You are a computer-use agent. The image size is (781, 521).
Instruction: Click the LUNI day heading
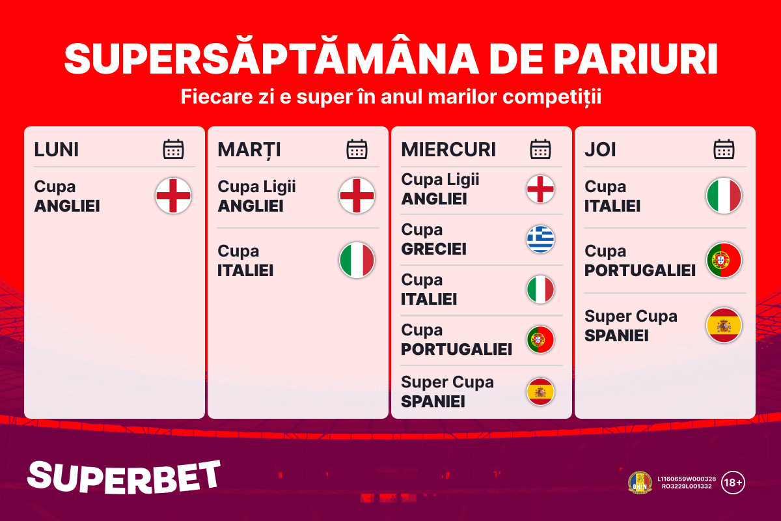56,149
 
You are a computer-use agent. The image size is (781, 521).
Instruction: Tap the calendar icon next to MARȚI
357,149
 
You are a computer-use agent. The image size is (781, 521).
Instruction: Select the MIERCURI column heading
448,149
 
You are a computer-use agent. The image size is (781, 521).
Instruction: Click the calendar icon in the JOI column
724,149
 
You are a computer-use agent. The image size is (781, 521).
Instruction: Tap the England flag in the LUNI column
173,195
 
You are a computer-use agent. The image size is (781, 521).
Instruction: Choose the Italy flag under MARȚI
357,260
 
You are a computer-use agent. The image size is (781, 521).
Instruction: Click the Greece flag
540,240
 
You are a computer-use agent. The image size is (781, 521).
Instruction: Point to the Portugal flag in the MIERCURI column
540,339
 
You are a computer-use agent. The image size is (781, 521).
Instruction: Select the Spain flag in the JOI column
724,325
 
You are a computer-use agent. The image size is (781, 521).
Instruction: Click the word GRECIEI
433,249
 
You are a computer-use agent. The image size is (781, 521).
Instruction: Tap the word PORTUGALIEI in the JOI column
640,270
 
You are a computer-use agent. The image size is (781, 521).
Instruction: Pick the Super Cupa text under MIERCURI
447,382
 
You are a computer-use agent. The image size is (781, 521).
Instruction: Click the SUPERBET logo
124,477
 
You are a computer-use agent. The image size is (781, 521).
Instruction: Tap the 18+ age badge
733,483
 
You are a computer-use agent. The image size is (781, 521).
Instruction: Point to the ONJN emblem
640,483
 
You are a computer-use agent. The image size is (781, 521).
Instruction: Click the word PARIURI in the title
635,59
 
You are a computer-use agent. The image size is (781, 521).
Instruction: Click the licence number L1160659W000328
687,479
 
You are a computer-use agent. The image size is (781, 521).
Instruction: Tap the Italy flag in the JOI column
724,195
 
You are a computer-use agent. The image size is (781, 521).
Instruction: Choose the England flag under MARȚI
357,195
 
